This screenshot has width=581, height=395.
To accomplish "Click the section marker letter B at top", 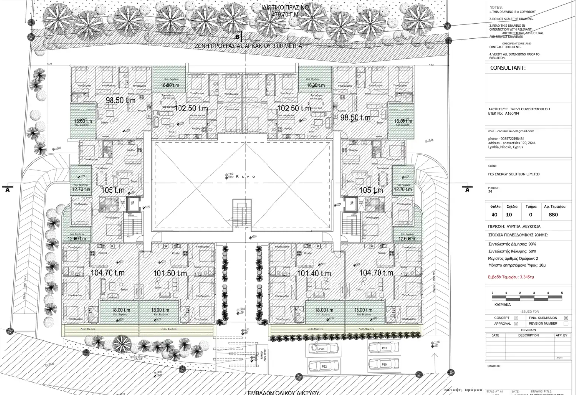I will pyautogui.click(x=238, y=37).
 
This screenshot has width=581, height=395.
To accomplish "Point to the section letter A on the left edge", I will pyautogui.click(x=7, y=190).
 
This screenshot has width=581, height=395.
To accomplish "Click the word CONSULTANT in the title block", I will pyautogui.click(x=508, y=68).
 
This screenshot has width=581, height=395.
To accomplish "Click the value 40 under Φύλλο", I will pyautogui.click(x=495, y=214).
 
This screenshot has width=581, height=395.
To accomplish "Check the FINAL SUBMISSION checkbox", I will pyautogui.click(x=566, y=318).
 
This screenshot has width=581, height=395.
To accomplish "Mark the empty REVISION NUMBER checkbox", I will pyautogui.click(x=566, y=323).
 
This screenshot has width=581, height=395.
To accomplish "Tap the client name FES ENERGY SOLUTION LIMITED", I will pyautogui.click(x=514, y=174).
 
